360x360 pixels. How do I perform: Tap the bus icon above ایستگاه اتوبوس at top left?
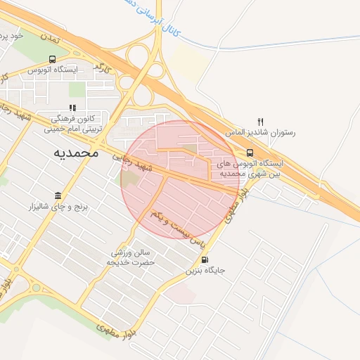tap(53, 60)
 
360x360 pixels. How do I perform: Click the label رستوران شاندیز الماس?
tap(260, 132)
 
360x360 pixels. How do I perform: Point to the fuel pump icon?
tap(205, 258)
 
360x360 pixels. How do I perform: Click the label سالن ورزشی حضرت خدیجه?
tap(130, 257)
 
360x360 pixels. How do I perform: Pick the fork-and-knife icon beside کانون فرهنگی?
tap(72, 108)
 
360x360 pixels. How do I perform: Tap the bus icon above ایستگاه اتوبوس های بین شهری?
tap(250, 152)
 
